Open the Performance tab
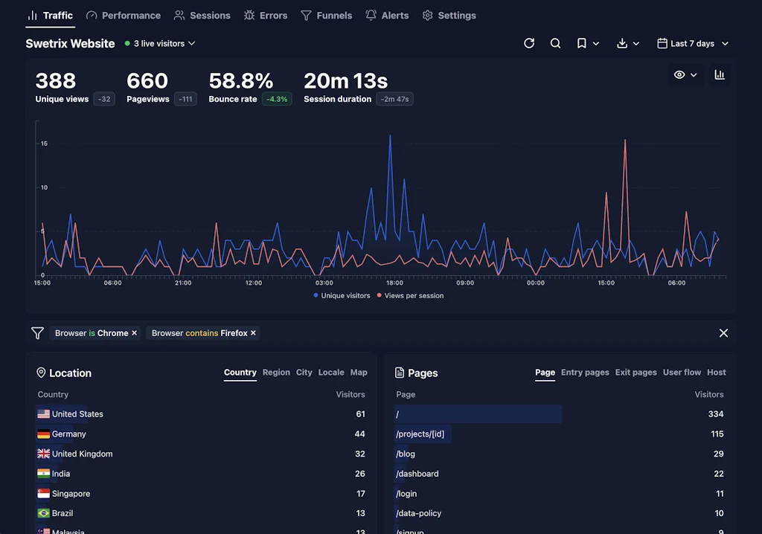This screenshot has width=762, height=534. (123, 16)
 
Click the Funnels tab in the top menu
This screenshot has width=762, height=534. (326, 16)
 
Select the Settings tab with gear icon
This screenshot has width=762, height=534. (449, 16)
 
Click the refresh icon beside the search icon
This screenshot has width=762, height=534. (529, 44)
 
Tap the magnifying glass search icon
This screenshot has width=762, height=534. (555, 44)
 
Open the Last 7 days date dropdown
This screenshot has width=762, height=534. (692, 44)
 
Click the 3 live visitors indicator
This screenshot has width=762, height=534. (159, 44)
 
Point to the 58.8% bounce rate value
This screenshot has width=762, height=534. (240, 81)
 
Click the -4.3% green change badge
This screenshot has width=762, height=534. (277, 99)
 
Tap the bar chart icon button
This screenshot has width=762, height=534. (720, 75)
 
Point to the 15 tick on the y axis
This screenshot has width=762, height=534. (44, 144)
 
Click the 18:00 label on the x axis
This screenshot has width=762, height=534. (394, 283)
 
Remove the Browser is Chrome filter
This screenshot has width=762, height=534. (135, 333)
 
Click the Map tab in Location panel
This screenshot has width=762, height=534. (359, 373)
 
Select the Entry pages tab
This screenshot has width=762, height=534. (585, 373)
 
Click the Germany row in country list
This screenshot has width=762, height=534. (68, 434)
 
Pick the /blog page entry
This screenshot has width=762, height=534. (406, 454)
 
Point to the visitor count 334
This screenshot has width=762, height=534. (715, 414)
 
